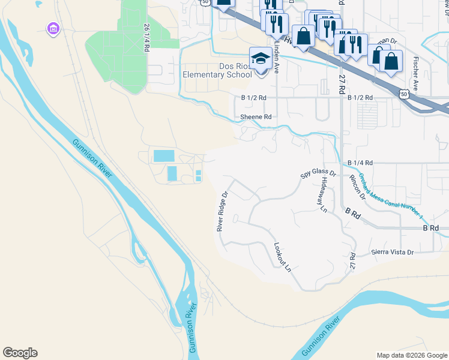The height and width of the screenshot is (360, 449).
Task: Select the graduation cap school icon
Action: pos(261,59)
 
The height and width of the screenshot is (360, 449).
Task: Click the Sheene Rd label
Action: pos(256,117)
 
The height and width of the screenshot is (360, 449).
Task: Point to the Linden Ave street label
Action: pos(277,58)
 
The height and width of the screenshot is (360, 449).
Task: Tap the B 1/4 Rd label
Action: pos(360,163)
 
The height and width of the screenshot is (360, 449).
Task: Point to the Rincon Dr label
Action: pos(358,187)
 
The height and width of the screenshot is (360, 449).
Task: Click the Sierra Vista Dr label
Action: pos(393,252)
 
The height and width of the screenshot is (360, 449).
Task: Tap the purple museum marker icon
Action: pos(53,28)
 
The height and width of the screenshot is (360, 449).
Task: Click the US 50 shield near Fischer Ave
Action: pos(405,94)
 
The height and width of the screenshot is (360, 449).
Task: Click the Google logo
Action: pos(20,353)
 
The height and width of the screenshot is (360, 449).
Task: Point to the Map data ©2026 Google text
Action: pos(411,355)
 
